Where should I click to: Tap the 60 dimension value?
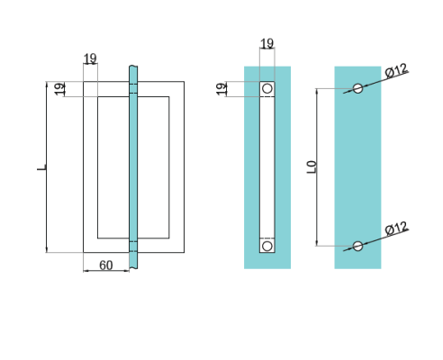tap(105, 265)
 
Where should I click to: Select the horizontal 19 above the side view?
tap(90, 59)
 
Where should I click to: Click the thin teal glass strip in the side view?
tap(133, 166)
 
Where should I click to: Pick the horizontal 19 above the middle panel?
tap(267, 43)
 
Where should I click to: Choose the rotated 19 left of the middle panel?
tap(221, 88)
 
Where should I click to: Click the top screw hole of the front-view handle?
tap(267, 89)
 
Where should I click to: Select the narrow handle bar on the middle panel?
tap(267, 167)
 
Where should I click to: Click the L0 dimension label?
tap(312, 166)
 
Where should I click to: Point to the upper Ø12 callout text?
tap(396, 70)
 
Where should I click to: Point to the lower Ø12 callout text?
tap(396, 229)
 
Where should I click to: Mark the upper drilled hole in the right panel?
tap(358, 88)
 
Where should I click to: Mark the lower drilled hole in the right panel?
tap(358, 246)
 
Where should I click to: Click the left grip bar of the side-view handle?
tap(90, 167)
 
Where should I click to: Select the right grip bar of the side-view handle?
tap(176, 167)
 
